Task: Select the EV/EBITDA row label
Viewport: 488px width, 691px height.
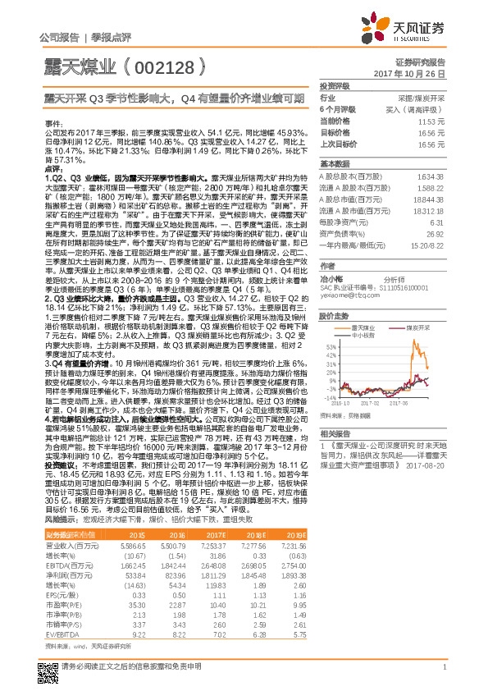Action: coord(62,611)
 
